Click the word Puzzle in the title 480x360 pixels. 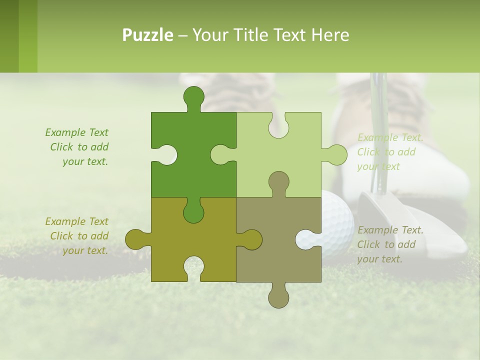click(148, 35)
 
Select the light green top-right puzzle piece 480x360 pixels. click(285, 160)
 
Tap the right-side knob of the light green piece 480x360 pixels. click(336, 154)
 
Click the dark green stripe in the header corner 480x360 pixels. click(9, 36)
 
